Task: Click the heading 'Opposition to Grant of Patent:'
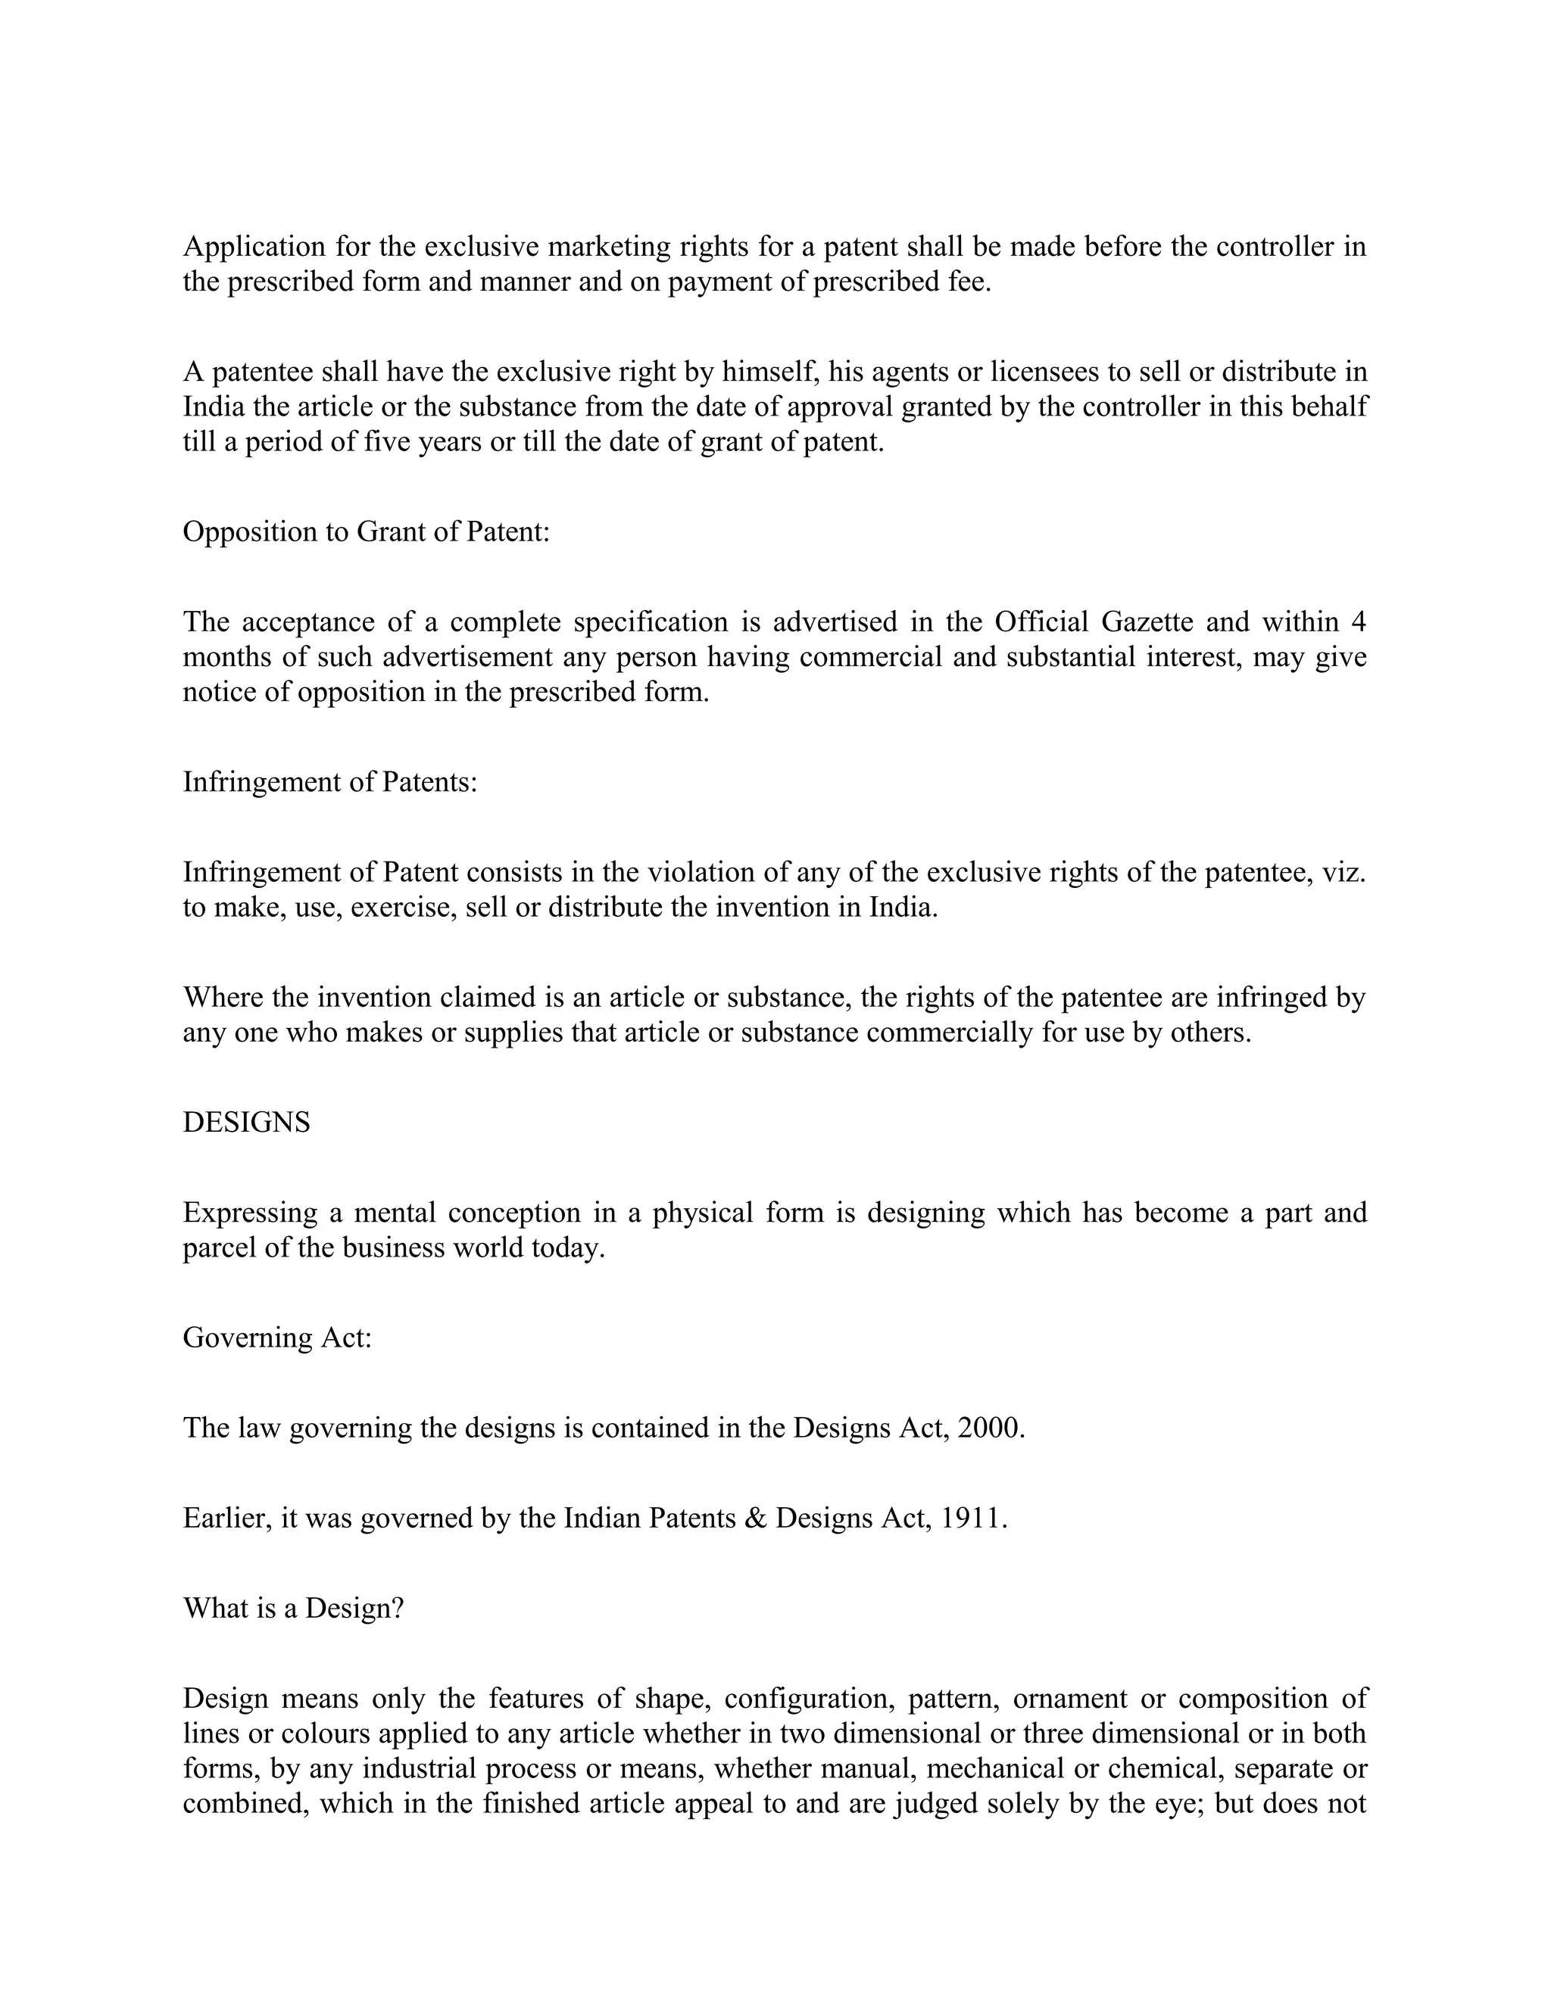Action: pyautogui.click(x=366, y=532)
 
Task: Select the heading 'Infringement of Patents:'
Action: pyautogui.click(x=330, y=782)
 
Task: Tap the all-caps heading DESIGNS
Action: pyautogui.click(x=246, y=1123)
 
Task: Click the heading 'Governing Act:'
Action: pyautogui.click(x=277, y=1338)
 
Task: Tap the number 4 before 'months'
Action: pyautogui.click(x=1358, y=621)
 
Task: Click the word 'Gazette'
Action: pyautogui.click(x=1147, y=621)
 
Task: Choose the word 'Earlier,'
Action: pyautogui.click(x=228, y=1517)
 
